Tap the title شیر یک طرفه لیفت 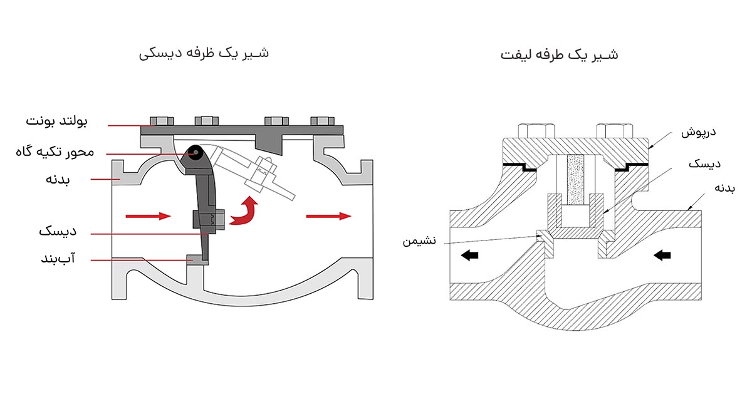coord(559,54)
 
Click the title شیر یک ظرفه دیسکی coord(204,53)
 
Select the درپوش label coord(698,133)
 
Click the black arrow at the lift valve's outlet coord(469,256)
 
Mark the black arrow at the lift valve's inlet coord(662,255)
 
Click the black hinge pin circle coord(197,152)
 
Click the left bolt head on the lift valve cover coord(537,130)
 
